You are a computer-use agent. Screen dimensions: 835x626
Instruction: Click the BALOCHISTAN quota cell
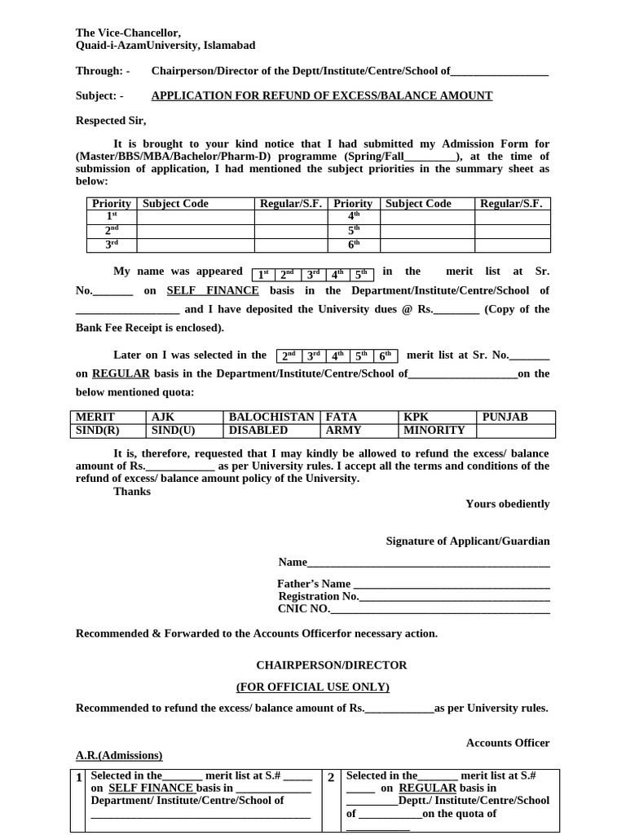(x=271, y=417)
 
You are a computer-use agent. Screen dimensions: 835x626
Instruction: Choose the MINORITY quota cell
(x=434, y=430)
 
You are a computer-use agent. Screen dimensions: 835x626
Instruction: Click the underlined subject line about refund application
(x=322, y=95)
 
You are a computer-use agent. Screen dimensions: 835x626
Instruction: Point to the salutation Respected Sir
(x=111, y=121)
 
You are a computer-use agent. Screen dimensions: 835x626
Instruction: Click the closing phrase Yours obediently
(x=507, y=504)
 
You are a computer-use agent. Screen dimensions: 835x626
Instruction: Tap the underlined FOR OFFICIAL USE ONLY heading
(x=313, y=687)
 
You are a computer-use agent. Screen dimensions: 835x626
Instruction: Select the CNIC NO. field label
(x=304, y=608)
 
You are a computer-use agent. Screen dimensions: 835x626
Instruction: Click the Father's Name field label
(x=314, y=584)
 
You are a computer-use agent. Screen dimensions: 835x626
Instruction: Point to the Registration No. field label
(x=319, y=596)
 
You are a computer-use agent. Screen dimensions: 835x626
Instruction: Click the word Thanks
(x=132, y=491)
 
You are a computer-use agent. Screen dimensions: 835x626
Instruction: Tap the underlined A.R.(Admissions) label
(x=119, y=755)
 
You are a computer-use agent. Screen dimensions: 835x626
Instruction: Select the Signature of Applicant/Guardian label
(x=467, y=541)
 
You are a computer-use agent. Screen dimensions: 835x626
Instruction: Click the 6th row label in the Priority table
(x=353, y=244)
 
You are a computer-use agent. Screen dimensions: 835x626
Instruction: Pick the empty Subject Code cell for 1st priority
(x=195, y=217)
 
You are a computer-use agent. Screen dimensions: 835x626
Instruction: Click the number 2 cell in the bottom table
(x=331, y=777)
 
